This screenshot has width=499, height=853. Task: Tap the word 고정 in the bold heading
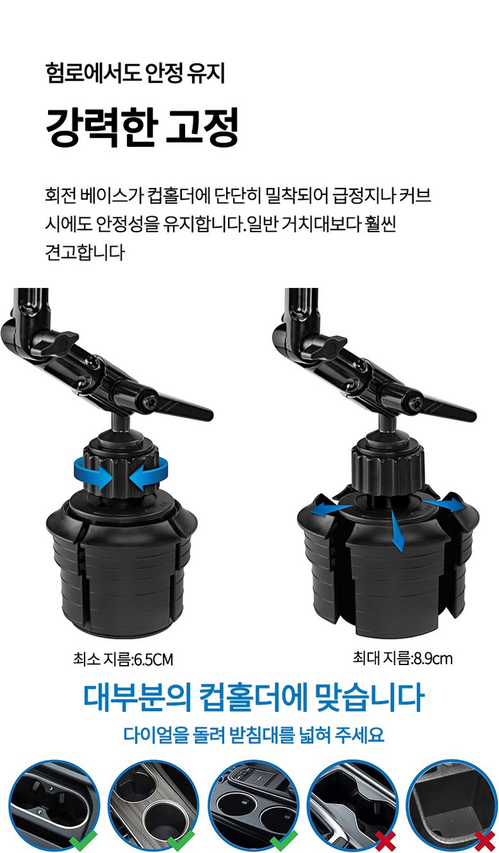(x=202, y=127)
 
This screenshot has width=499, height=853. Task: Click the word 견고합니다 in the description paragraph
(x=85, y=252)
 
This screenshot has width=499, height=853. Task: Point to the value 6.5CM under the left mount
(x=153, y=659)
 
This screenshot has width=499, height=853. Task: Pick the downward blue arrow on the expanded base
(x=397, y=532)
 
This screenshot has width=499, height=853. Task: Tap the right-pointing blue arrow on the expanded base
(x=445, y=505)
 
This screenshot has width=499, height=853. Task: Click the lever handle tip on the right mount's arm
(x=469, y=415)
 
